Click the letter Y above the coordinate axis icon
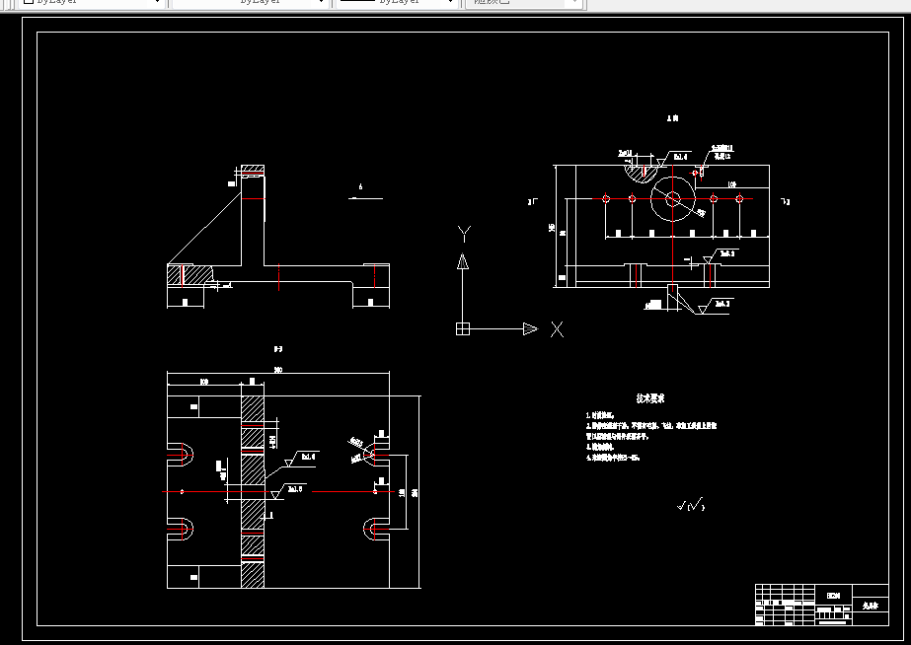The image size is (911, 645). [464, 233]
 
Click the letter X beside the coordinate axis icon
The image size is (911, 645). [557, 328]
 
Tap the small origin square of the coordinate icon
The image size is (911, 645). [461, 328]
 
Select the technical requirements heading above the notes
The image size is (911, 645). [649, 399]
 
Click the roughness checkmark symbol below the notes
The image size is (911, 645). [691, 506]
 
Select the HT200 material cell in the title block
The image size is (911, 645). [833, 596]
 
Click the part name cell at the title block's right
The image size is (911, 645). [869, 608]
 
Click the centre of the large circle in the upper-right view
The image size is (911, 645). [673, 198]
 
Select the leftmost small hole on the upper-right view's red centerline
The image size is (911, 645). [606, 198]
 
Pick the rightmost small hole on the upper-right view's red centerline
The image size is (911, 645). [740, 198]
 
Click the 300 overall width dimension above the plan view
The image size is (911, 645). [278, 371]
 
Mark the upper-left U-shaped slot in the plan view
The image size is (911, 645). [182, 454]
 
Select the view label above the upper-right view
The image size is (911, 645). [673, 118]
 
